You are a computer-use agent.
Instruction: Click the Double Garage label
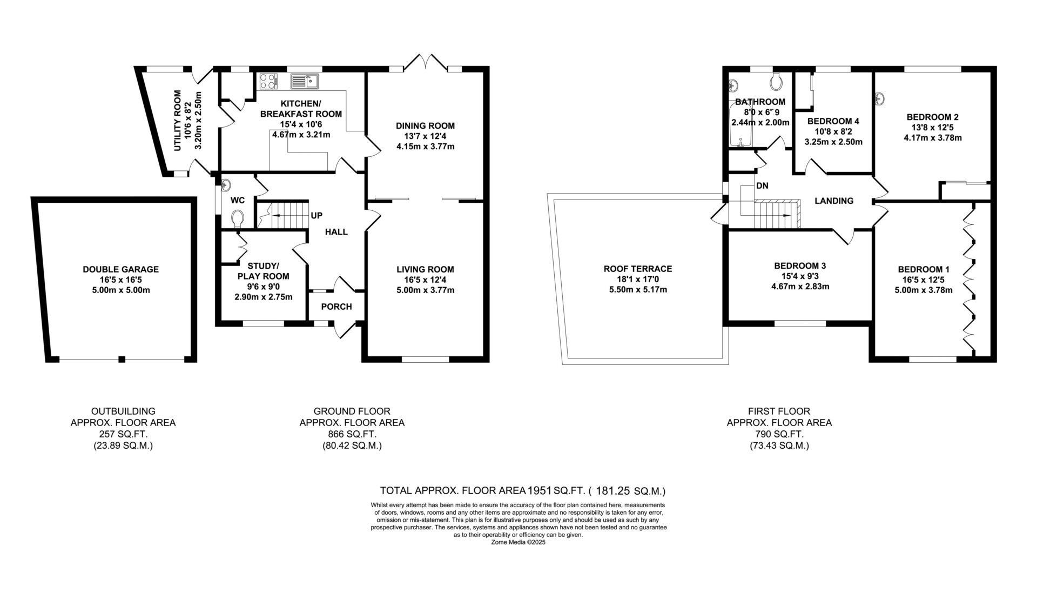(120, 269)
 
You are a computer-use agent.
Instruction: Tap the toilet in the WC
(237, 218)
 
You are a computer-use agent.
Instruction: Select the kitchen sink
(305, 82)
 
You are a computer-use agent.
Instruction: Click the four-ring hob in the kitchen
(267, 81)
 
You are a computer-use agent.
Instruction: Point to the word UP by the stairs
(317, 216)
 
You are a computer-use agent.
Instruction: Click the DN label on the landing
(762, 186)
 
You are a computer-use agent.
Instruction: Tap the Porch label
(336, 307)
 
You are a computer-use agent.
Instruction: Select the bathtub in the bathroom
(737, 127)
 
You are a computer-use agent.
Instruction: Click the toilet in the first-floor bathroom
(776, 82)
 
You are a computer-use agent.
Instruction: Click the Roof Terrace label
(638, 269)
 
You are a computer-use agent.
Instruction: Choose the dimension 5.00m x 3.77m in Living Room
(426, 290)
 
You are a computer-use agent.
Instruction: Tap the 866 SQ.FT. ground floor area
(352, 434)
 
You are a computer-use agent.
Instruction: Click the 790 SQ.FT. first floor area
(779, 434)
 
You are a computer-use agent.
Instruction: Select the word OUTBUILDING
(123, 411)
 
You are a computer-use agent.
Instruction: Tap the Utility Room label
(177, 120)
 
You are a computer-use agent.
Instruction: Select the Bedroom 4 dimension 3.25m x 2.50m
(833, 142)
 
